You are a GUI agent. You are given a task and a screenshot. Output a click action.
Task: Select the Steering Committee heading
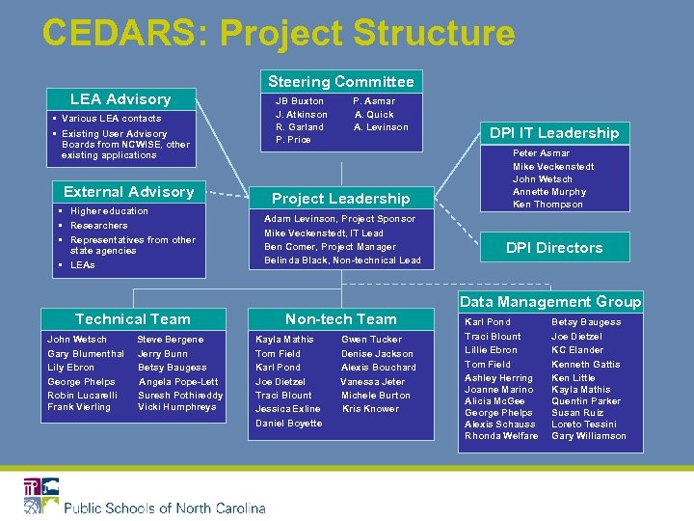pyautogui.click(x=340, y=82)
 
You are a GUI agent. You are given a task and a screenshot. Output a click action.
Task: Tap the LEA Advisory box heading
pyautogui.click(x=120, y=99)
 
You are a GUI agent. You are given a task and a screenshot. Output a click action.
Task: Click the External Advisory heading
pyautogui.click(x=128, y=192)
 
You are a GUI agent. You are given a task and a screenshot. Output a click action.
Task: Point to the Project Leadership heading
pyautogui.click(x=340, y=199)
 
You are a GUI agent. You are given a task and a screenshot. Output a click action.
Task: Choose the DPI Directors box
pyautogui.click(x=554, y=248)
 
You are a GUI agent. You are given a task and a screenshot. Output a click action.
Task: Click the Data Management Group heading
pyautogui.click(x=550, y=302)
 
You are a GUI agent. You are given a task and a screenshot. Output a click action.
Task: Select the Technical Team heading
pyautogui.click(x=133, y=319)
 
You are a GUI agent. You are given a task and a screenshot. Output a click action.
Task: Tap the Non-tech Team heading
pyautogui.click(x=340, y=319)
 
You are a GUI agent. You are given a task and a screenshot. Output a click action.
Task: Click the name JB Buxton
pyautogui.click(x=300, y=100)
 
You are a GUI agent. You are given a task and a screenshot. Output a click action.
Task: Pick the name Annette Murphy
pyautogui.click(x=549, y=191)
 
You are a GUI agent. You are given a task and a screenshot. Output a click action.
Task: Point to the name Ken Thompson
pyautogui.click(x=547, y=205)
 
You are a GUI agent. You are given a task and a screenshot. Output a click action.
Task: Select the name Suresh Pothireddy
pyautogui.click(x=180, y=396)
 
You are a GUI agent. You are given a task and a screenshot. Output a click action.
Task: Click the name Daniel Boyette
pyautogui.click(x=289, y=424)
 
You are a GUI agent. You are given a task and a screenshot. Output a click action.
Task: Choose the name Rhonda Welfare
pyautogui.click(x=501, y=436)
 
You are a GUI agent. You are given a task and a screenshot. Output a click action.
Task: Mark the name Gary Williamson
pyautogui.click(x=588, y=436)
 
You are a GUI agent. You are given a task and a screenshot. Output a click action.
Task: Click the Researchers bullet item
pyautogui.click(x=98, y=226)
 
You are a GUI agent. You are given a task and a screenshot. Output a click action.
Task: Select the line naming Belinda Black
pyautogui.click(x=342, y=260)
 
